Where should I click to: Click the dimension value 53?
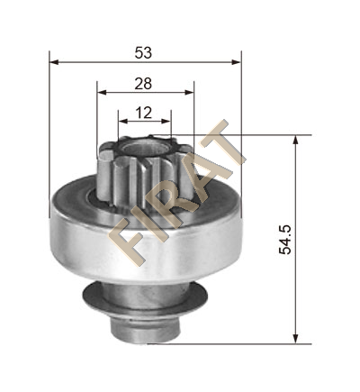tap(143, 53)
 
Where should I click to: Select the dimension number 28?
tap(143, 84)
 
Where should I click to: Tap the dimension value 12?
tap(144, 113)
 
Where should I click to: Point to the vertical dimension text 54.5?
tap(285, 240)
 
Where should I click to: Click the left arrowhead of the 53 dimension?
tap(54, 62)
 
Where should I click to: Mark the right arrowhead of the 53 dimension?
tap(236, 62)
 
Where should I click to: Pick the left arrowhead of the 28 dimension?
tap(102, 92)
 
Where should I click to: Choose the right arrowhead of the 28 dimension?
tap(189, 92)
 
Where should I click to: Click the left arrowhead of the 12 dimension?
tap(123, 121)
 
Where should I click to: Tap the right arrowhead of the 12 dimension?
tap(166, 121)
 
